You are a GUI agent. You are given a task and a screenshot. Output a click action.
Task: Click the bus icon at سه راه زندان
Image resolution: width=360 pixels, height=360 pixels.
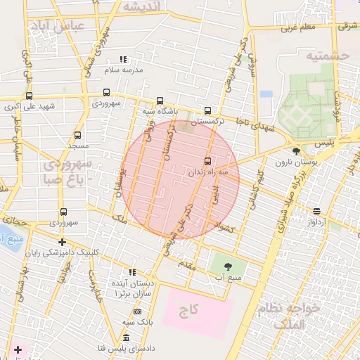[x=207, y=161]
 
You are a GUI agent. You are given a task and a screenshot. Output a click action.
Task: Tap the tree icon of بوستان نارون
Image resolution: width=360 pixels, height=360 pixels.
[x=296, y=150]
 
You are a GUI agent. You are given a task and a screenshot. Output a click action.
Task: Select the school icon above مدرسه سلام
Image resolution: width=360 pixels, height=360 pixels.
[x=124, y=60]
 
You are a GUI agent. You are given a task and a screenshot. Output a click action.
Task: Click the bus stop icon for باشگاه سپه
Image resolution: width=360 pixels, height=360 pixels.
[x=160, y=101]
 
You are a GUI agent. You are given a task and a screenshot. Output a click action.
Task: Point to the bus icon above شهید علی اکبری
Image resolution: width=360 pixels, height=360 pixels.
[x=29, y=96]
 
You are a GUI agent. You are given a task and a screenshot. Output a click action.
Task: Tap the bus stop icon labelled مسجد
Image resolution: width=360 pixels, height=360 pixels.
[x=77, y=135]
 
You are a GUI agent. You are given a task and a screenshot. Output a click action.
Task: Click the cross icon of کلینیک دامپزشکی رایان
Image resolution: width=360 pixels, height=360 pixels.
[x=63, y=242]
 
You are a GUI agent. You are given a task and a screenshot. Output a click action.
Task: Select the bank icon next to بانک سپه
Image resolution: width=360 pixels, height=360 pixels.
[x=137, y=311]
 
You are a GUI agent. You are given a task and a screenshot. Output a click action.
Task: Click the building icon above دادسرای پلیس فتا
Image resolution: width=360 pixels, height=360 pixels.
[x=126, y=339]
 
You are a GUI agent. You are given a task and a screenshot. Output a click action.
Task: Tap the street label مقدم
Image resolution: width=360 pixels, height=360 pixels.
[x=187, y=264]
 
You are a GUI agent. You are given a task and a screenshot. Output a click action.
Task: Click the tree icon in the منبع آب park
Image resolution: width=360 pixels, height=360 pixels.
[x=227, y=266]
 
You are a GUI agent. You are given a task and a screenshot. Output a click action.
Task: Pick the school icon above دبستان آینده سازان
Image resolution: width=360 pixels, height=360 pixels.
[x=131, y=272]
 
